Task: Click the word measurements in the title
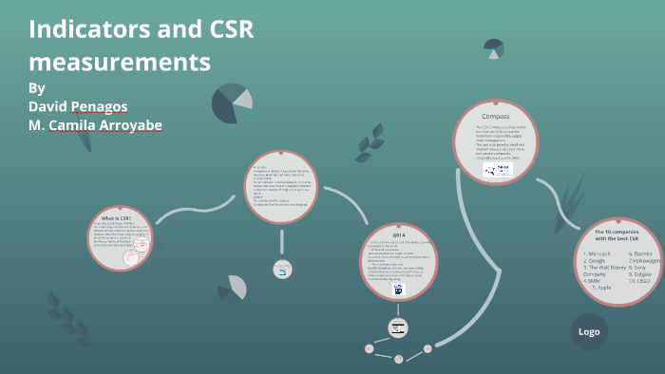pos(119,63)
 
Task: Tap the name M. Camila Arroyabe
pos(95,125)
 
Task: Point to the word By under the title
pos(37,87)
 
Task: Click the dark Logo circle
pos(588,331)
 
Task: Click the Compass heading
pos(495,117)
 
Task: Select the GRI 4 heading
pos(398,233)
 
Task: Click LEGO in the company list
pos(638,282)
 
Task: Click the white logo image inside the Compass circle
pos(496,170)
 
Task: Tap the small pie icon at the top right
pos(493,47)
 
